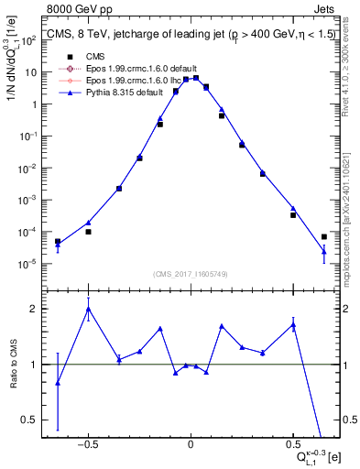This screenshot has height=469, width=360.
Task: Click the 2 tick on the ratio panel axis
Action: (35, 310)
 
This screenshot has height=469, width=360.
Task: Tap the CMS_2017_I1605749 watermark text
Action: (191, 274)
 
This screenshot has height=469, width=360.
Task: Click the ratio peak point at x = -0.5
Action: (88, 309)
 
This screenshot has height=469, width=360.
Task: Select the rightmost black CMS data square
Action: (323, 237)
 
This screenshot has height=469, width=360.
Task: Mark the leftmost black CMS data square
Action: (58, 242)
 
